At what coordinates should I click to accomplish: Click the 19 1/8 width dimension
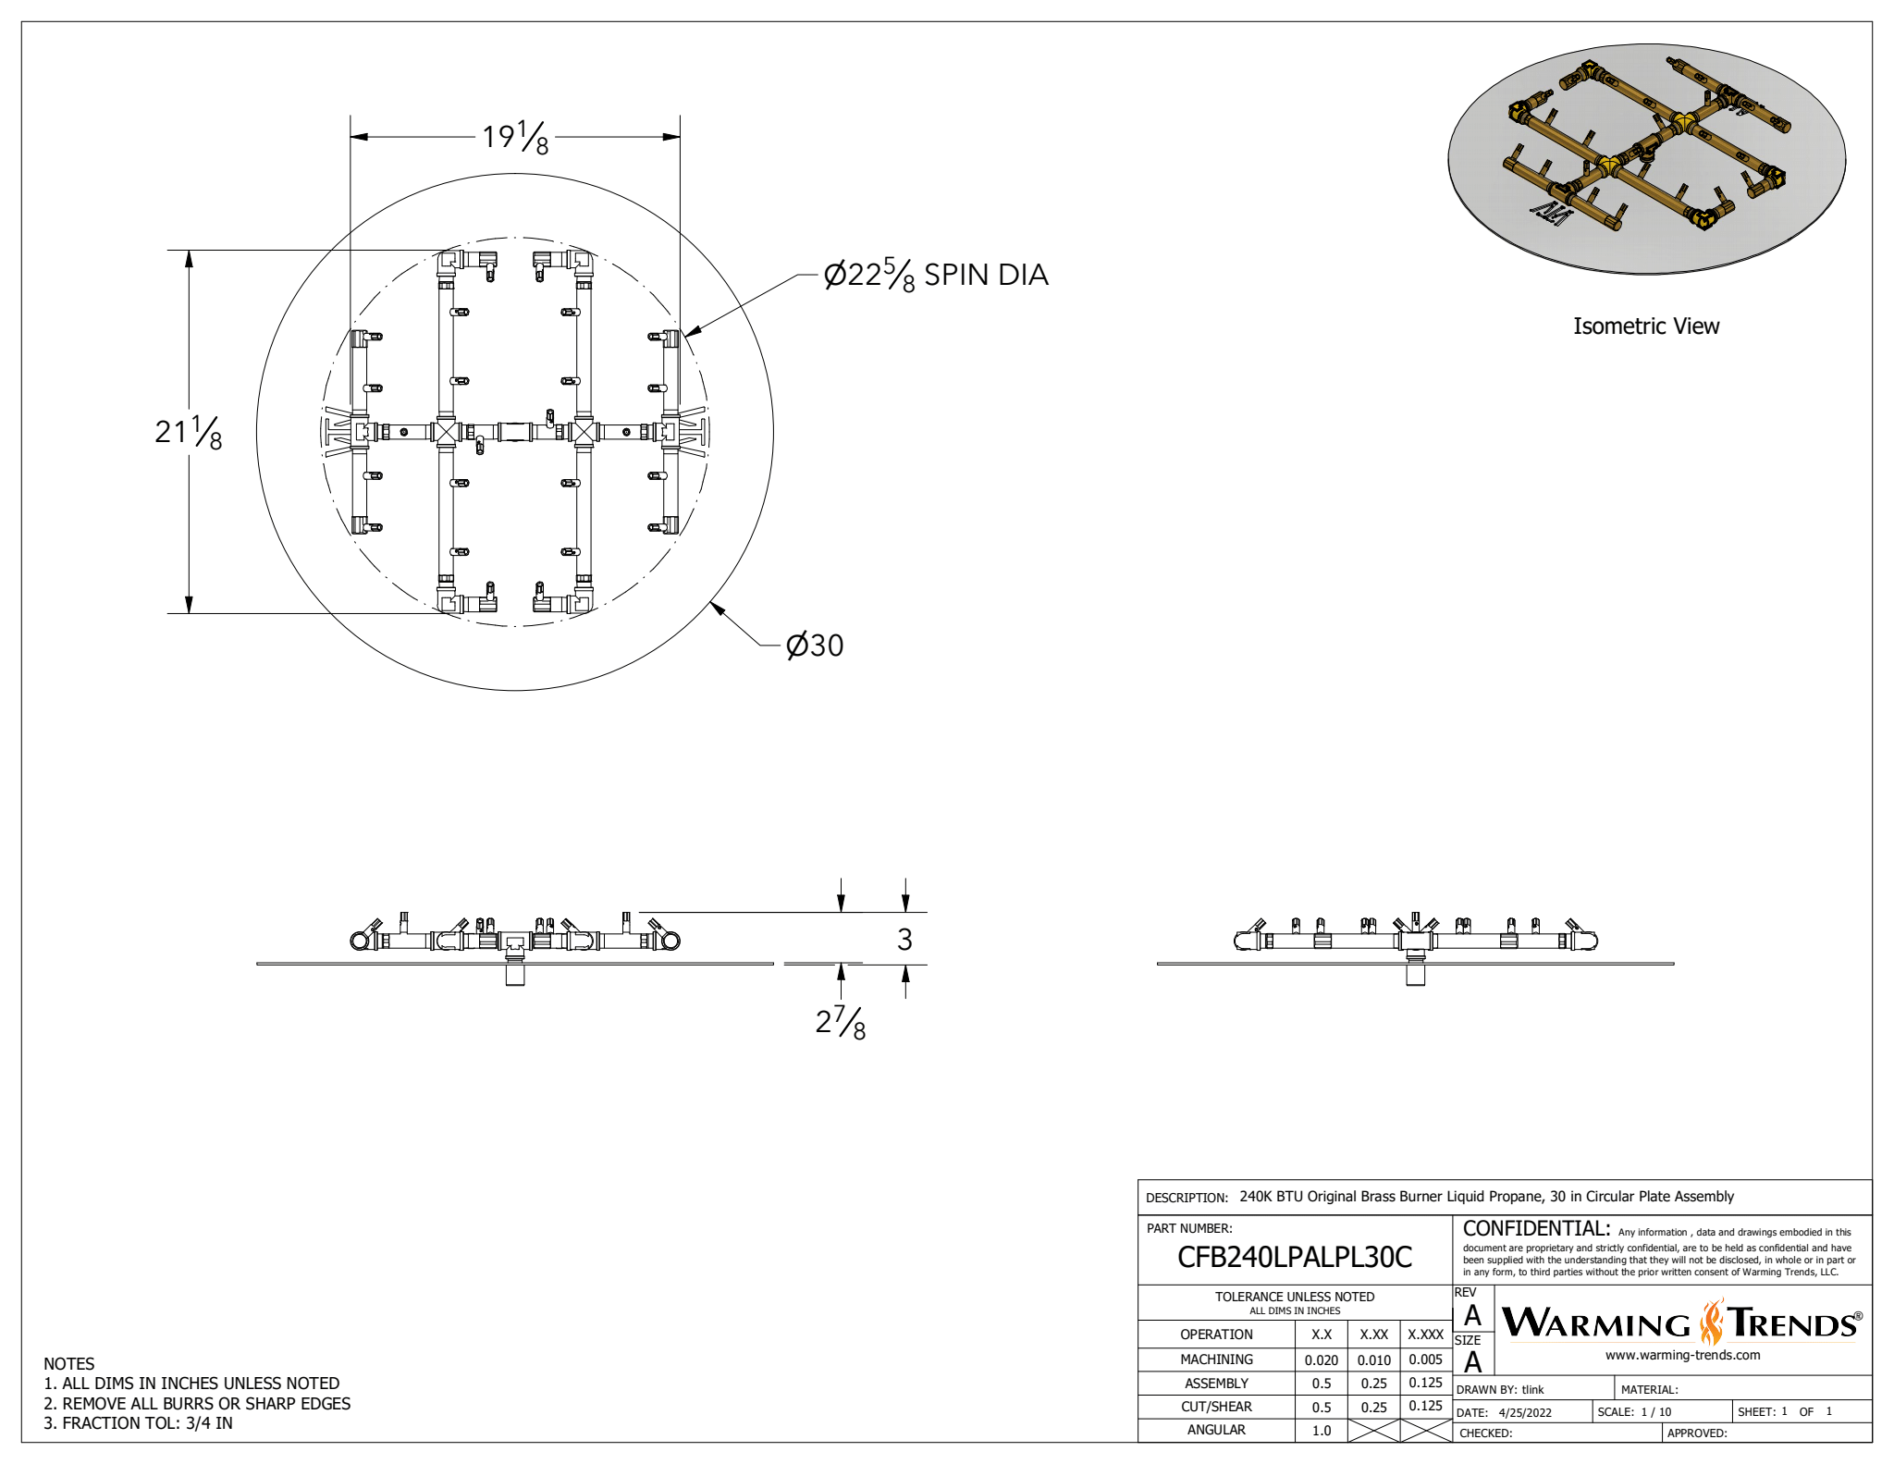pos(515,138)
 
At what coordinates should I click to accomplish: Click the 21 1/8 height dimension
pos(189,432)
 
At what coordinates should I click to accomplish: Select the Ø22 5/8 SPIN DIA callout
pos(935,275)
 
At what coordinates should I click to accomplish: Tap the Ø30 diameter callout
pos(814,645)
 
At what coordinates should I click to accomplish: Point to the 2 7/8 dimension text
pos(840,1023)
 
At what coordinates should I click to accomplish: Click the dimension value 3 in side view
pos(904,940)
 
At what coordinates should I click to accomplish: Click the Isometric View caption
pos(1645,326)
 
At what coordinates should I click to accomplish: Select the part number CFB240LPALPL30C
pos(1294,1257)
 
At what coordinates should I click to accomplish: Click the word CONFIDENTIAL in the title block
pos(1535,1228)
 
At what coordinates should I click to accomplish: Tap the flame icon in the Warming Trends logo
pos(1712,1323)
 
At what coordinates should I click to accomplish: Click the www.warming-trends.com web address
pos(1682,1355)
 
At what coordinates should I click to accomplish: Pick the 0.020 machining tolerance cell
pos(1321,1359)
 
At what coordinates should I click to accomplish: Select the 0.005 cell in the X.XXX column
pos(1425,1359)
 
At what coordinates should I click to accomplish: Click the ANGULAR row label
pos(1216,1430)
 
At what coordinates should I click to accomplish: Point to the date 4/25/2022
pos(1525,1412)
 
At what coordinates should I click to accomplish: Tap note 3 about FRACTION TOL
pos(138,1423)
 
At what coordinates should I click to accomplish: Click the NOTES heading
pos(68,1363)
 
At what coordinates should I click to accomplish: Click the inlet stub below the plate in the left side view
pos(515,975)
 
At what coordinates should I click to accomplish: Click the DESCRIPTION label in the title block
pos(1187,1198)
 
